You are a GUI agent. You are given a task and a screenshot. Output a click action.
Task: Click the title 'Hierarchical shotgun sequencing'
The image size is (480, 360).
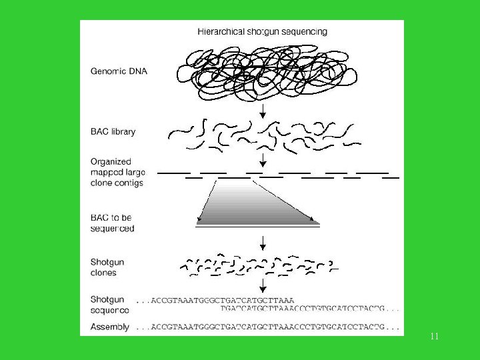click(x=262, y=31)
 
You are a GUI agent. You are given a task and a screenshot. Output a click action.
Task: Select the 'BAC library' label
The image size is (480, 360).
click(x=113, y=131)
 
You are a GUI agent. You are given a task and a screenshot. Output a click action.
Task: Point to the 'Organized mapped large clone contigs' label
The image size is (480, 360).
click(x=117, y=172)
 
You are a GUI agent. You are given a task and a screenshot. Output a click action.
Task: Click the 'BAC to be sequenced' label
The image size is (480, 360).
click(x=112, y=223)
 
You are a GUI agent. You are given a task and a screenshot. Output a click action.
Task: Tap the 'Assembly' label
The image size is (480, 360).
click(x=110, y=327)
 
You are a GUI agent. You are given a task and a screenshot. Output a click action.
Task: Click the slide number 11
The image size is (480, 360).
click(x=434, y=337)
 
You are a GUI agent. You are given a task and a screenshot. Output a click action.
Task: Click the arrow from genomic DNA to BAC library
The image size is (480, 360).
click(x=263, y=111)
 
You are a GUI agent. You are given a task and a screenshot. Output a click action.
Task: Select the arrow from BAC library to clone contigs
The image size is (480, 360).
click(x=263, y=160)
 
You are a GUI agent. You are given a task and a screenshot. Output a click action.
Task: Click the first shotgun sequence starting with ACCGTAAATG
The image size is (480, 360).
click(x=215, y=300)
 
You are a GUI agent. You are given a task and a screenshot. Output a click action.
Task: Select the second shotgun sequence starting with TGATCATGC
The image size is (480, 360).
click(x=311, y=309)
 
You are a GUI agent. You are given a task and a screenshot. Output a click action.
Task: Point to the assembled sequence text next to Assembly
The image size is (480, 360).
click(x=268, y=327)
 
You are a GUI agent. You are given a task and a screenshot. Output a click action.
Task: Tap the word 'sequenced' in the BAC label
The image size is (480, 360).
click(x=112, y=228)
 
